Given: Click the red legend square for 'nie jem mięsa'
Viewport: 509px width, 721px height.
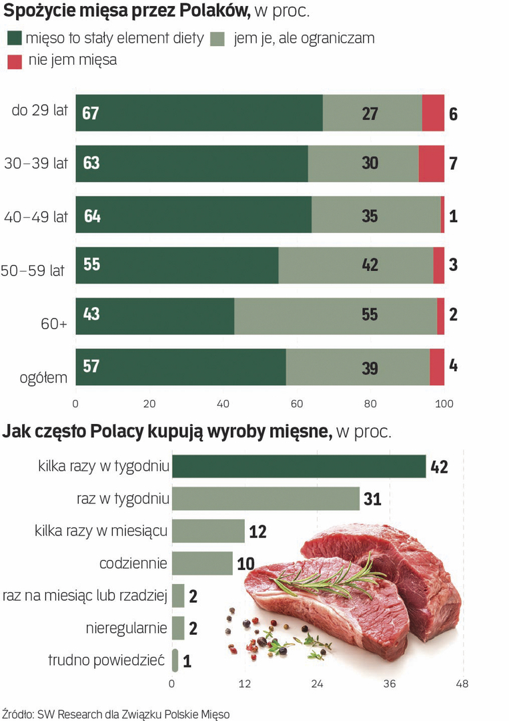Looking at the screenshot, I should coord(15,61).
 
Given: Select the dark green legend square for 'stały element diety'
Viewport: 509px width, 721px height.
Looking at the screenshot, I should coord(15,39).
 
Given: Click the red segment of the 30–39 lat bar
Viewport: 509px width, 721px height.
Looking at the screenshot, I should coord(431,164).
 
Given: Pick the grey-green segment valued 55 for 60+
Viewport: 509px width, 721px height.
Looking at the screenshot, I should coord(336,316).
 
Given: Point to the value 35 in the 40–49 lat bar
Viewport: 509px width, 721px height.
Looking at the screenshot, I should coord(369,216).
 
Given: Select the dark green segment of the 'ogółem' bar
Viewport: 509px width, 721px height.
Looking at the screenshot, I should coord(180,367).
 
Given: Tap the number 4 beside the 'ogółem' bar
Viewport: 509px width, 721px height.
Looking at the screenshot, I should coord(453,367).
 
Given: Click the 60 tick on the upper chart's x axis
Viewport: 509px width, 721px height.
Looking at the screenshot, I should coord(297,403).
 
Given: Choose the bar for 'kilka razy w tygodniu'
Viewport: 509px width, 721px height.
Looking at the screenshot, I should coord(299,467).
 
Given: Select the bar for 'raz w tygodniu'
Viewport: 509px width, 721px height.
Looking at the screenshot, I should coord(266,499).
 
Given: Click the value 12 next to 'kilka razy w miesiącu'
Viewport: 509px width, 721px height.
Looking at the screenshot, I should coord(258,532).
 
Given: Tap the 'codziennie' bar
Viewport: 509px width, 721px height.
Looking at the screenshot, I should coord(202,563).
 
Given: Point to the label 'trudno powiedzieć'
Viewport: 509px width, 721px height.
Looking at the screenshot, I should coord(106,661).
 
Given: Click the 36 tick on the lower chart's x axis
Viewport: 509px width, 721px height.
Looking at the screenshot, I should coord(390,684).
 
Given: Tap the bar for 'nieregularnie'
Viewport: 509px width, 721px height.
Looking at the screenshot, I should coord(178,628).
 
